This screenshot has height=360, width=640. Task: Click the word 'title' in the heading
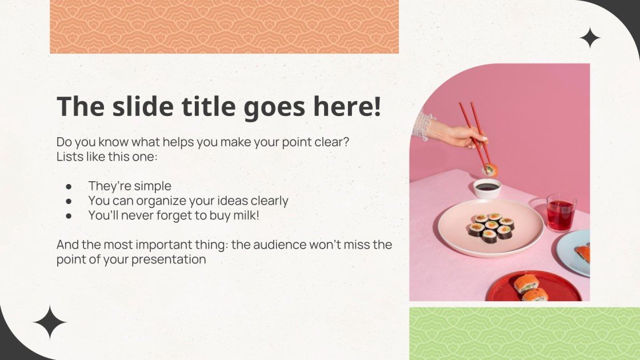[203, 107]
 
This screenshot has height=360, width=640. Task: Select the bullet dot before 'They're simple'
[69, 186]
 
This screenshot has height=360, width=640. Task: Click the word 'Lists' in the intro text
[69, 157]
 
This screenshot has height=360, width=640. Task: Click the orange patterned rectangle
[224, 27]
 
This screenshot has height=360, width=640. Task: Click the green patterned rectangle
[524, 334]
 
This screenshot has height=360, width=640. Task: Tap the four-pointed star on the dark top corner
[590, 38]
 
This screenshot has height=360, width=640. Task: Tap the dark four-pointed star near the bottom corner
[50, 323]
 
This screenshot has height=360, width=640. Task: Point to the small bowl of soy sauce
[487, 187]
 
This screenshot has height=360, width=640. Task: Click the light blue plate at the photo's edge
[574, 251]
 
